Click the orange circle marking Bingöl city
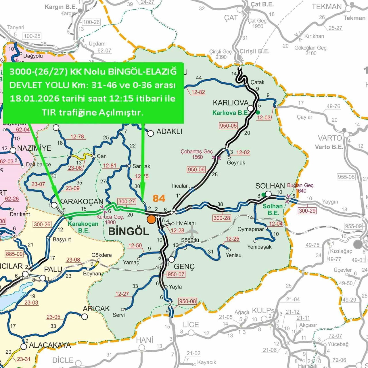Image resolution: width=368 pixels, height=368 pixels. [x=151, y=219]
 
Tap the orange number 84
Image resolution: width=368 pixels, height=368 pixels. [x=159, y=198]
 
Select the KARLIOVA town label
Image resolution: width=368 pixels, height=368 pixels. [x=230, y=103]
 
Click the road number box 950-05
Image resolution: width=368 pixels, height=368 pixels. [x=228, y=126]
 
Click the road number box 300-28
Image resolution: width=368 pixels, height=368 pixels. [x=222, y=218]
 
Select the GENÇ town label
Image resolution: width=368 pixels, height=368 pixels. [x=184, y=267]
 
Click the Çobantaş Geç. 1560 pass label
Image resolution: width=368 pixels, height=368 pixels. [x=197, y=154]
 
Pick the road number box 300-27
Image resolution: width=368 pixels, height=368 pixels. [x=126, y=202]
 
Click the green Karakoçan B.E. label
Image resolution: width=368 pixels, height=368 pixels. [x=83, y=227]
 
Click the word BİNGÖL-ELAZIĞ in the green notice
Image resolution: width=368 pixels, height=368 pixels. [x=142, y=72]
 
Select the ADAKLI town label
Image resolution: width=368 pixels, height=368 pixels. [x=169, y=132]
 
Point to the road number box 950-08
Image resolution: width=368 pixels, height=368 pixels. [x=187, y=301]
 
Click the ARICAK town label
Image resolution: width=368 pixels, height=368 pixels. [x=96, y=309]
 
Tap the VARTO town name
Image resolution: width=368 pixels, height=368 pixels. [x=330, y=138]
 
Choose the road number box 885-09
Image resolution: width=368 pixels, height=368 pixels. [x=14, y=254]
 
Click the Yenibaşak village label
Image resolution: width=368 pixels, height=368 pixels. [x=259, y=247]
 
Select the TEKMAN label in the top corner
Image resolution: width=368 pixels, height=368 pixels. [x=327, y=7]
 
